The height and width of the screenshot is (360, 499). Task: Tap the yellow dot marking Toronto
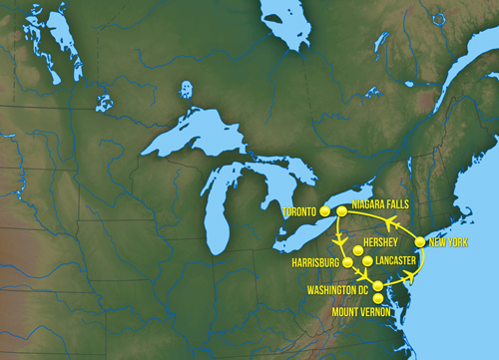pyautogui.click(x=324, y=211)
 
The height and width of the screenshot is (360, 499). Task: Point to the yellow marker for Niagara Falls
pyautogui.click(x=341, y=211)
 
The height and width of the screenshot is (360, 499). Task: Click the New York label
pyautogui.click(x=448, y=243)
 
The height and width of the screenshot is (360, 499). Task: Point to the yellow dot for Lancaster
pyautogui.click(x=368, y=261)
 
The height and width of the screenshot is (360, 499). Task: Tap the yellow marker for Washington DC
pyautogui.click(x=377, y=286)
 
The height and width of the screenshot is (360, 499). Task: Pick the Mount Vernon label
pyautogui.click(x=362, y=311)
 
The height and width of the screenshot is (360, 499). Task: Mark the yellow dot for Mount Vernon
pyautogui.click(x=377, y=298)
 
